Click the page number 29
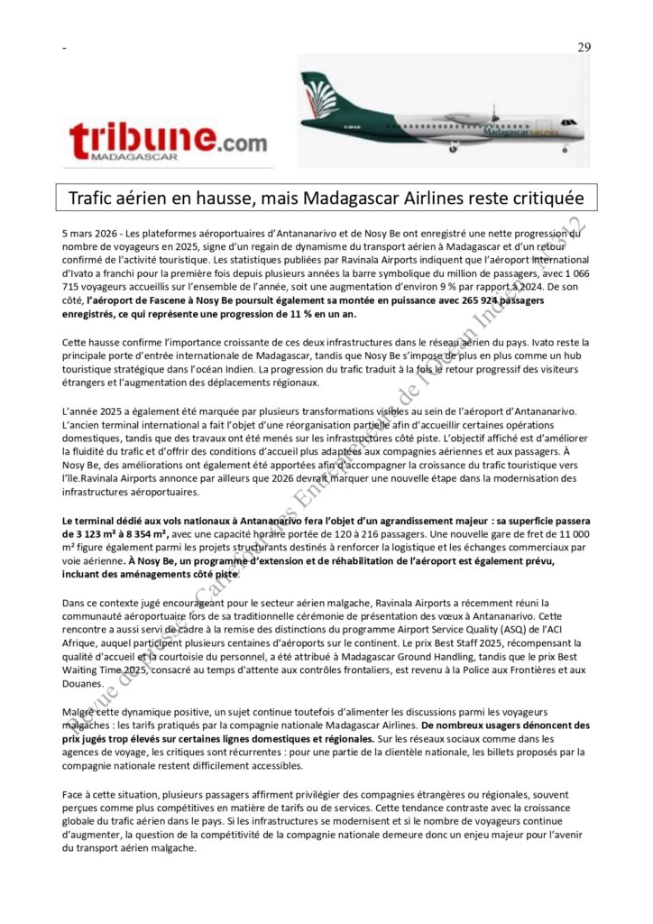(584, 48)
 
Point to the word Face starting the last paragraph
(75, 793)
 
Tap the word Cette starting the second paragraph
(78, 342)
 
